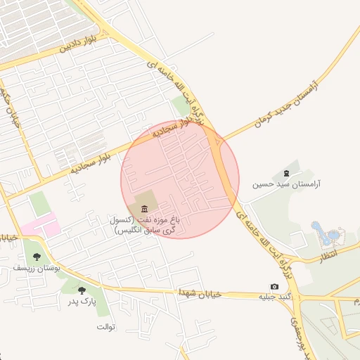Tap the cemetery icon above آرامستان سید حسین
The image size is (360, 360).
coord(285,173)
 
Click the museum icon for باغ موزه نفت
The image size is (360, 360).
coord(145,208)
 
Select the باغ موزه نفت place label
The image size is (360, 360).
coord(144,225)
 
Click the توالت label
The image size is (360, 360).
coord(105,328)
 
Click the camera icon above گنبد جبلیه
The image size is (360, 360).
coord(274,287)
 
